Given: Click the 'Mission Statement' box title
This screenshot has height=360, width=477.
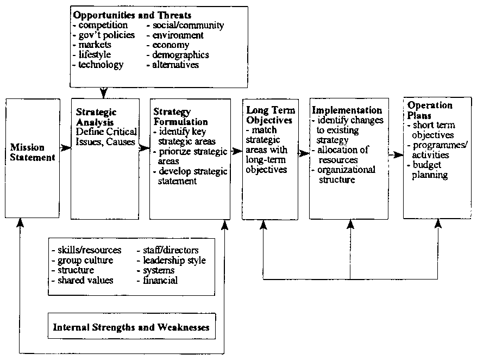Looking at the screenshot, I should [x=33, y=153].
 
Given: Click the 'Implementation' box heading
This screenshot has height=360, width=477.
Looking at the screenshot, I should [x=347, y=110].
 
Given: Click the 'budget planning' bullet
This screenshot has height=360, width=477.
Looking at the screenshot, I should [x=429, y=170].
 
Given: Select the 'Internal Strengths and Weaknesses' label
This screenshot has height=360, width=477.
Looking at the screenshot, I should [x=131, y=327].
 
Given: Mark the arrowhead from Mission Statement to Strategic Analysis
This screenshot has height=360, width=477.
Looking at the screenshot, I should [x=67, y=148].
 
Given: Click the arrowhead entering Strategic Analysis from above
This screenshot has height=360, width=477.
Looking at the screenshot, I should [x=104, y=94].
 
